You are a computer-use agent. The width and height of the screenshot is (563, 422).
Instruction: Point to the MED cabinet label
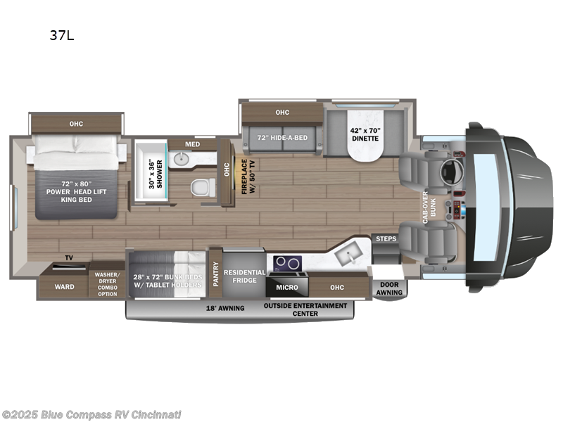click(x=191, y=145)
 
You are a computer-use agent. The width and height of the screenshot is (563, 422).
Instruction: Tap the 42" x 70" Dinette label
click(x=365, y=134)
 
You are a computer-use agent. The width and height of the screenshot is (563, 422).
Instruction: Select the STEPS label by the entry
click(x=386, y=239)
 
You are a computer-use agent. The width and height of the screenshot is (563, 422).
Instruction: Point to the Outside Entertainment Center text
click(x=305, y=309)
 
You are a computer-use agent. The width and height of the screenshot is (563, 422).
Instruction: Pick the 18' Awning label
click(x=225, y=308)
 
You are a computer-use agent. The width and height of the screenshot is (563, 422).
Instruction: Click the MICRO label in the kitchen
click(x=286, y=287)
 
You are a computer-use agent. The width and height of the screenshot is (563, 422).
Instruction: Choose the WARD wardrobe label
click(x=65, y=287)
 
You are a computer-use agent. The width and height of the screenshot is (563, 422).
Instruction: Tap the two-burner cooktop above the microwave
click(x=286, y=263)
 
